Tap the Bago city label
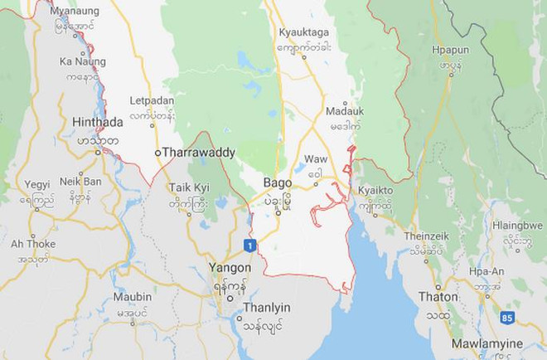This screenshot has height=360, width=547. [x=276, y=182]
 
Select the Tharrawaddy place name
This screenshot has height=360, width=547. [x=199, y=153]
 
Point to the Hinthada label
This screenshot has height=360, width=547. [x=98, y=122]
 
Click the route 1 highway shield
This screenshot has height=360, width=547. [x=249, y=246]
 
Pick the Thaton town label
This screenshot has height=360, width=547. [x=438, y=296]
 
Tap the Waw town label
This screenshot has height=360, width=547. [x=316, y=158]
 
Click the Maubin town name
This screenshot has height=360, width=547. [x=133, y=296]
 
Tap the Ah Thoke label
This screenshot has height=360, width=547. [x=33, y=244]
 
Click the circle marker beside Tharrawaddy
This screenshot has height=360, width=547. [x=157, y=153]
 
